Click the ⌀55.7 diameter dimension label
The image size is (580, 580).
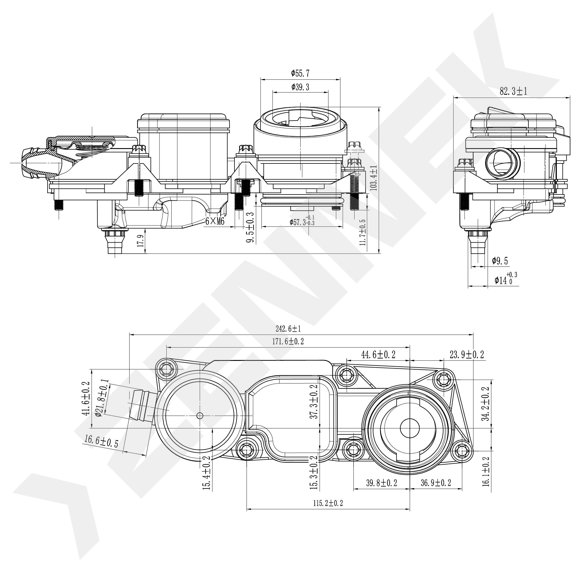pos(300,73)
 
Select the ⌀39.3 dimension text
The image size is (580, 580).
pos(300,87)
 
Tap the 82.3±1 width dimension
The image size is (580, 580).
pos(513,91)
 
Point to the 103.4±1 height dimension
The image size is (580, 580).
pos(374,178)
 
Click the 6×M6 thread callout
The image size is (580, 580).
pos(215,221)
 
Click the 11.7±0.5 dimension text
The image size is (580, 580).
pos(363,232)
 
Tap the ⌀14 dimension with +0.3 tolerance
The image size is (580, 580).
pos(506,278)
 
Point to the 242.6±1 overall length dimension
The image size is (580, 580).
pos(288,329)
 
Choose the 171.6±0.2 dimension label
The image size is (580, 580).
pos(288,341)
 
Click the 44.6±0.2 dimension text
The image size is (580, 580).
pos(378,355)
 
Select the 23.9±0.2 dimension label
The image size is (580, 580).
pos(467,355)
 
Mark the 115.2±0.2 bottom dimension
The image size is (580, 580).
pos(328,503)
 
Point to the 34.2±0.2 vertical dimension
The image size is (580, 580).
pos(486,404)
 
